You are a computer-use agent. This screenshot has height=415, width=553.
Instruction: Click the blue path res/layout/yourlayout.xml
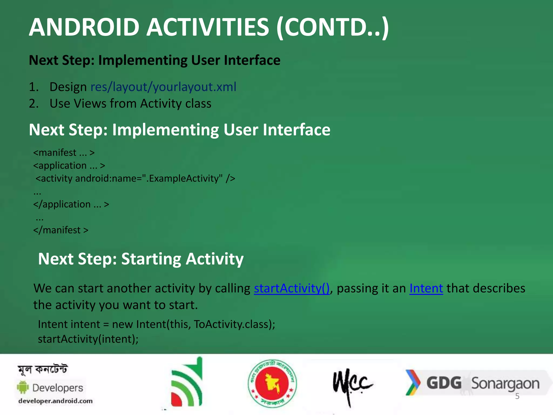coord(163,87)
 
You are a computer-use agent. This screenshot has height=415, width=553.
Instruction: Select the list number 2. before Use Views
coord(34,104)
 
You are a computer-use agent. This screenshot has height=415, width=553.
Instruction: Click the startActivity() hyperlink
coord(292,288)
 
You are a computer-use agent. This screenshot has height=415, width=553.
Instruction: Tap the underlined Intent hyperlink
coord(426,288)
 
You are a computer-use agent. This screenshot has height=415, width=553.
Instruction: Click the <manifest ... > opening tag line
coord(64,153)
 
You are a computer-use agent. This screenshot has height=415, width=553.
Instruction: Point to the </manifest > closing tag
coord(61,230)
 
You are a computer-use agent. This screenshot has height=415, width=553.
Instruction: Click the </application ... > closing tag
coord(71,204)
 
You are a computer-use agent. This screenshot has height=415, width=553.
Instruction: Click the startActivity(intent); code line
coord(88,339)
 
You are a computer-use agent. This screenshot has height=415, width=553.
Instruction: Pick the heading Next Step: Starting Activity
coord(141,259)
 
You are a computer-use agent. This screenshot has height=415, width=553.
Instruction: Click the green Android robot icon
coord(23,387)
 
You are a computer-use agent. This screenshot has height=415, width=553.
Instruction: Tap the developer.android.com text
coord(55,401)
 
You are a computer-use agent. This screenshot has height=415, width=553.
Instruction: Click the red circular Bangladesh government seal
coord(272,383)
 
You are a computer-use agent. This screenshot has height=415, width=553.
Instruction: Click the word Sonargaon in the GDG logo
coord(505,384)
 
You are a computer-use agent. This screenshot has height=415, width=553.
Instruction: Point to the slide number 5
coord(517,396)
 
